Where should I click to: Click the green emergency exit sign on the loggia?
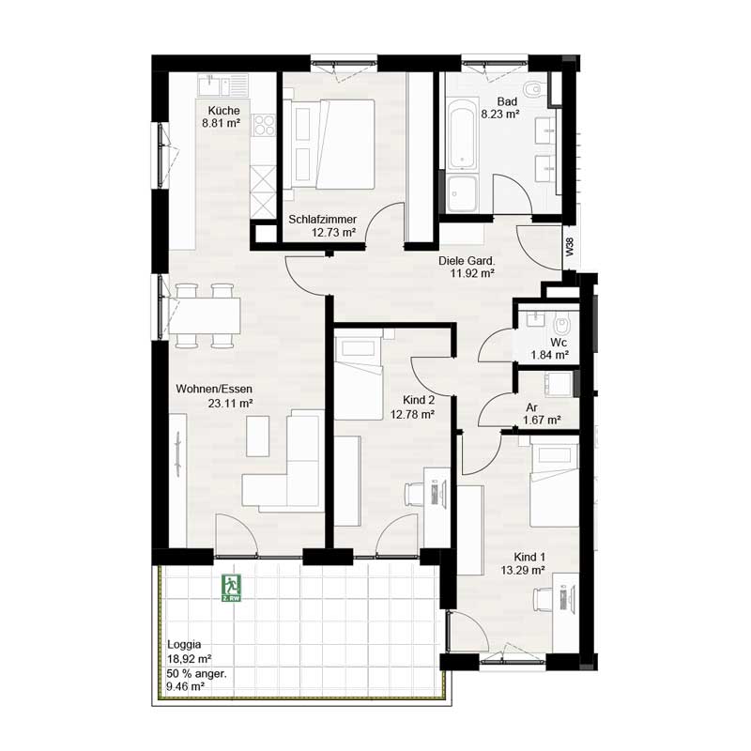pyautogui.click(x=230, y=589)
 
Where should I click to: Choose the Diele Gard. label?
pyautogui.click(x=467, y=262)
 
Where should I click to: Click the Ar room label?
pyautogui.click(x=531, y=408)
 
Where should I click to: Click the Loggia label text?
pyautogui.click(x=183, y=645)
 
